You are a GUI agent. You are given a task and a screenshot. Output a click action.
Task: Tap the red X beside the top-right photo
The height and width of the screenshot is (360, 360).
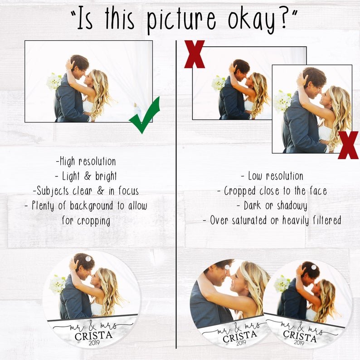coord(195,54)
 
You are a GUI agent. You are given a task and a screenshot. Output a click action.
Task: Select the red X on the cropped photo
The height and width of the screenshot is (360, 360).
coord(348,145)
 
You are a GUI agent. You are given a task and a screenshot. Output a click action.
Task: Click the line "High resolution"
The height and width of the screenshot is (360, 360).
coord(86,161)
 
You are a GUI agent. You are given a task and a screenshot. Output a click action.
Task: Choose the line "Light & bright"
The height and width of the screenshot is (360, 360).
coord(86,176)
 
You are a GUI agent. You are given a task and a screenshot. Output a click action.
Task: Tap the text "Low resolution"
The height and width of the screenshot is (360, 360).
coord(272,176)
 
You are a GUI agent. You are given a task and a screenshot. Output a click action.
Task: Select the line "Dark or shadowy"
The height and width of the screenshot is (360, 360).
coord(272,206)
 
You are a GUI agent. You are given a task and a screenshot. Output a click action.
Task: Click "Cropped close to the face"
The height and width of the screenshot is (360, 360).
coord(272,191)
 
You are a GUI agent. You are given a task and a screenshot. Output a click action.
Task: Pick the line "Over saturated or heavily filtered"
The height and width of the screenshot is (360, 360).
coord(272,220)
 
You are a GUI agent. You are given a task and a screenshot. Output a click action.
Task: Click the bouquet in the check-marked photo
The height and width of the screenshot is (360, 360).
coord(54,82)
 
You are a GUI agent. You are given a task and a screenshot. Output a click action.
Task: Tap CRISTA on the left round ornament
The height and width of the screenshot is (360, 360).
coord(93,336)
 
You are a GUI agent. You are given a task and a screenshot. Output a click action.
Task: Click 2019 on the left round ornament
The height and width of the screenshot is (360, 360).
coord(94,343)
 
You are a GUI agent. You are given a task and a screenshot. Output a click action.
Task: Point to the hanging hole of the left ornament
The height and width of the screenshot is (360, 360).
coord(88,259)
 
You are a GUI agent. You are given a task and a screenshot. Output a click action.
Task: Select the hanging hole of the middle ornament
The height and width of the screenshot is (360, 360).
coord(227,267)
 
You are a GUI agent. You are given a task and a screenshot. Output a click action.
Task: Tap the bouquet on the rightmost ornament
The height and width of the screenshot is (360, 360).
coord(282,284)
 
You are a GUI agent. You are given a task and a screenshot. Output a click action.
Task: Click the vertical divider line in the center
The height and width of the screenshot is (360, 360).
coord(176,195)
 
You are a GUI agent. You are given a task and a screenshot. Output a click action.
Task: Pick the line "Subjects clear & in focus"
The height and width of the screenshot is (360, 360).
coord(86,191)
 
